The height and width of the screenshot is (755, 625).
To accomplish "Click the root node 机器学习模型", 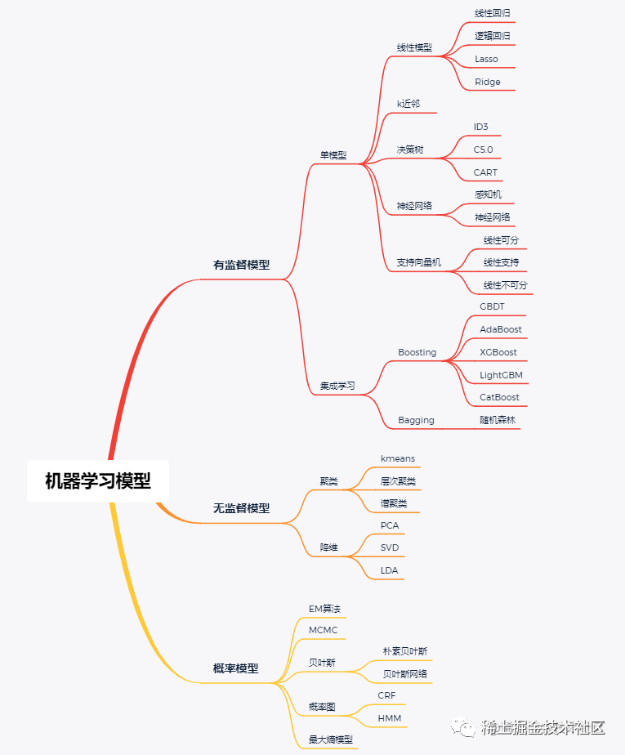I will (x=98, y=480).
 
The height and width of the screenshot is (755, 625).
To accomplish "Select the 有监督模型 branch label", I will (x=241, y=265).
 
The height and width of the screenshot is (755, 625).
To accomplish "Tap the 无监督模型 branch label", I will (x=241, y=507).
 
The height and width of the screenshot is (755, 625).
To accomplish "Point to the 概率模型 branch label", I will (x=235, y=668).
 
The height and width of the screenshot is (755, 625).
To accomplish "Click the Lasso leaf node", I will (x=486, y=59).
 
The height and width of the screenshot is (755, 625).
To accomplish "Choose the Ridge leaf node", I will (x=488, y=82).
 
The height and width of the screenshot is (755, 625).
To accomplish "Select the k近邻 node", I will (x=408, y=103).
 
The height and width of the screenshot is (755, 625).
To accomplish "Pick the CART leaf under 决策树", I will (x=485, y=172).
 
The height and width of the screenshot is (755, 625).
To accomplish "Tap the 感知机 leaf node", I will (x=488, y=194).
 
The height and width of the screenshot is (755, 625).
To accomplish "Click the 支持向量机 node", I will (x=418, y=262).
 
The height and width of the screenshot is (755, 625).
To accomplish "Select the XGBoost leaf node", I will (x=498, y=352).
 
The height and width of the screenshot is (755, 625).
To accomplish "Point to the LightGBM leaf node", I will (x=501, y=375).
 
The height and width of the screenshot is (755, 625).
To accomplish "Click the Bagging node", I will (x=416, y=420).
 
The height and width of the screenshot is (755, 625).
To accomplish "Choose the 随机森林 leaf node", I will (x=498, y=420).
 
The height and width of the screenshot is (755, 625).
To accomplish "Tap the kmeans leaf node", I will (x=397, y=458).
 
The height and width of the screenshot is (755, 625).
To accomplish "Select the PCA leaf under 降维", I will (x=390, y=525).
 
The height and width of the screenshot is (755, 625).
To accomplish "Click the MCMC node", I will (x=323, y=629).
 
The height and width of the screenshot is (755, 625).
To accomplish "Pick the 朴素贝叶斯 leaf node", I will (x=404, y=651).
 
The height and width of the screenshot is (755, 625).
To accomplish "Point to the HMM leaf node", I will (x=389, y=718).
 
